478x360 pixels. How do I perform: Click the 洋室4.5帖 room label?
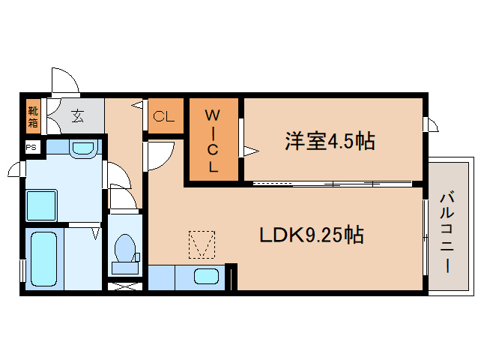[x=330, y=141]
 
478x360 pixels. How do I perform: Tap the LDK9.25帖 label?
[x=311, y=235]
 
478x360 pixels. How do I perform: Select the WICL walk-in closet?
[x=214, y=139]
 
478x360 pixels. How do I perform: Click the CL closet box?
[x=166, y=116]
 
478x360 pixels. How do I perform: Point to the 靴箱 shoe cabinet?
[x=33, y=116]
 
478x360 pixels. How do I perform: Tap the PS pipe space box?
[x=31, y=148]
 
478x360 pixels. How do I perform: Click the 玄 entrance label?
[x=77, y=116]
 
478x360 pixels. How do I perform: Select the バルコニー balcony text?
[x=447, y=232]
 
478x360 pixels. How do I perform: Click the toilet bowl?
[x=125, y=247]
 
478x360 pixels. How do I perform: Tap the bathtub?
[x=44, y=259]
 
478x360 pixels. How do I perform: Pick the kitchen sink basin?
[x=206, y=277]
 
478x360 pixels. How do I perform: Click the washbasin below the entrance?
[x=83, y=148]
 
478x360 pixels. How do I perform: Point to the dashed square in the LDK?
[x=202, y=244]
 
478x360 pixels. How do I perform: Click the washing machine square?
[x=41, y=205]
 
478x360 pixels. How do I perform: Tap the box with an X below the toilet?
[x=125, y=286]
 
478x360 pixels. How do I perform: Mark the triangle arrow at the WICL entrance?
[x=251, y=151]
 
